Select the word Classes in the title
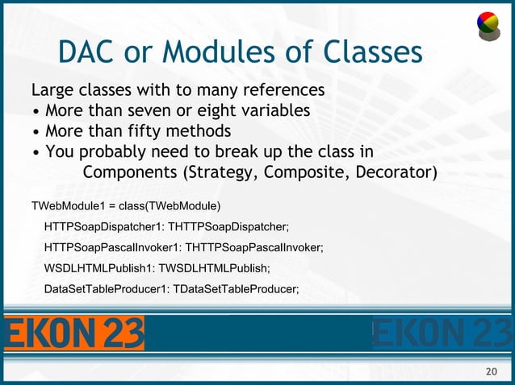coord(373,53)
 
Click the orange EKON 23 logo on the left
coord(74,333)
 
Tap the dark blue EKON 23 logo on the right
coord(442,333)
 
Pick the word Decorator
coord(396,173)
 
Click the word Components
coord(132,173)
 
